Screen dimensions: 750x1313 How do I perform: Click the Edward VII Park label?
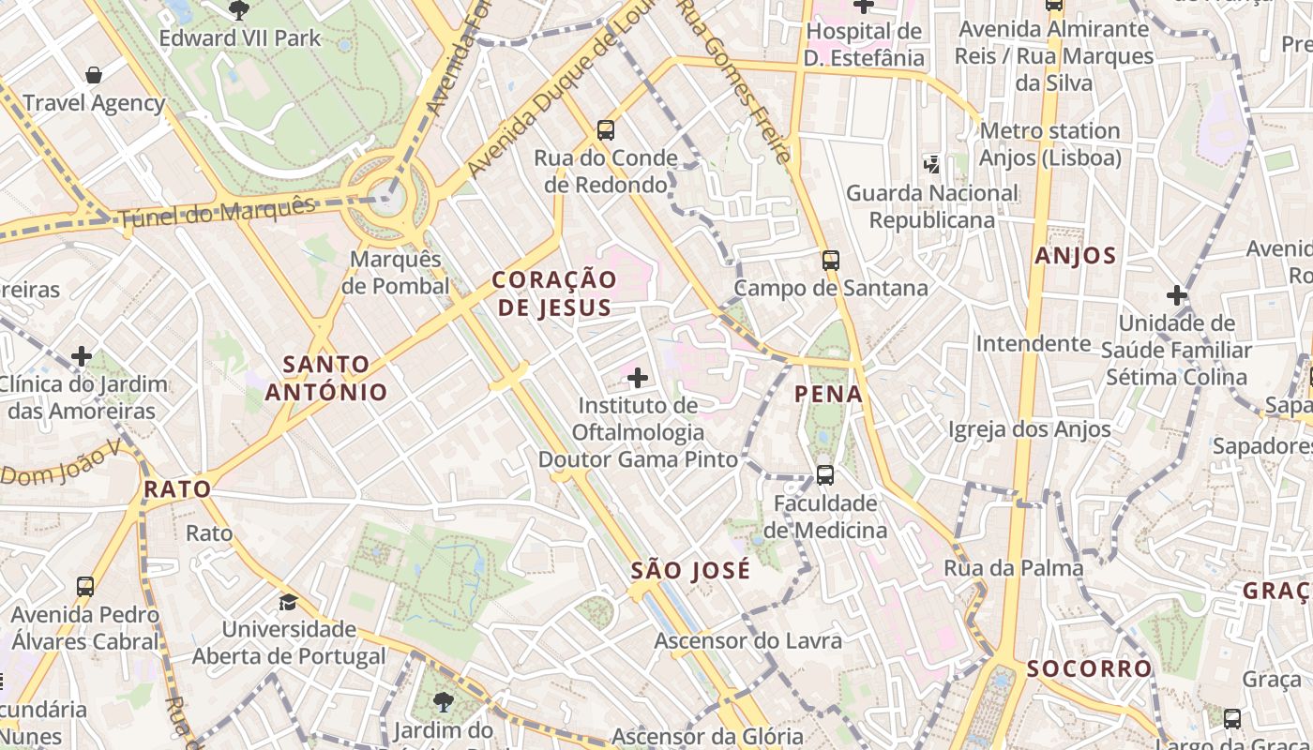point(240,38)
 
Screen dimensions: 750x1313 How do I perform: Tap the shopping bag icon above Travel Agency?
point(94,74)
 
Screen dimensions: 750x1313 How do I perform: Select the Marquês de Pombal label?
point(395,272)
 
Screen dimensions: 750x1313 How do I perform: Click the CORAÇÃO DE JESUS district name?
point(554,292)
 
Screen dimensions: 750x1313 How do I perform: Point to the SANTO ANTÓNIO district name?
point(326,378)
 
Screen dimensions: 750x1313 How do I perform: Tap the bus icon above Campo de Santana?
point(830,260)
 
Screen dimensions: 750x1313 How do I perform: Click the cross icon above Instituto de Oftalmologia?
point(638,378)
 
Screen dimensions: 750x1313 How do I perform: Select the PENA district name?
point(828,394)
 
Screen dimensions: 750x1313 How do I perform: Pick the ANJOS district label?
point(1076,256)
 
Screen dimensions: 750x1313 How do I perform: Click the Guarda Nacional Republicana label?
point(931,206)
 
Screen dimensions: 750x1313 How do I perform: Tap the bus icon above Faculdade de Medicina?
point(824,474)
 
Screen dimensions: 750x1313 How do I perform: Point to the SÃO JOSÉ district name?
point(690,571)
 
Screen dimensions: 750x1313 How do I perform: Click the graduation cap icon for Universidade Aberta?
point(288,601)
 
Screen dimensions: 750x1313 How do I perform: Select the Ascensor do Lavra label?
point(747,641)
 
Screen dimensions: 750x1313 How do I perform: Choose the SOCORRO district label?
point(1089,668)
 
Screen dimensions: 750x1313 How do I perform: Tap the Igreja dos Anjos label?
point(1029,429)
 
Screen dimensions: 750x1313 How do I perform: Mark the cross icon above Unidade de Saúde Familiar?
point(1177,295)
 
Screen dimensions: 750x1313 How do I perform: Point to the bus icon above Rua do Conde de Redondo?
point(606,129)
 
